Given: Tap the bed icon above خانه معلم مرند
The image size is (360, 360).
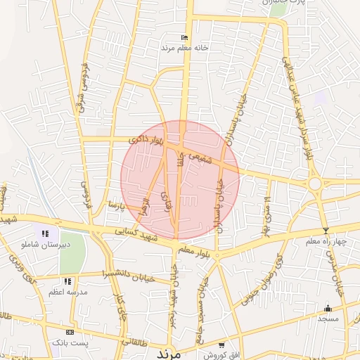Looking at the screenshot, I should (185, 37).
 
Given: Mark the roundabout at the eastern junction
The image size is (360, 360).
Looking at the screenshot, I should (314, 184).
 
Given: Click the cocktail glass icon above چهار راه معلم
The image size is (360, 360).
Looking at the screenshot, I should (326, 231).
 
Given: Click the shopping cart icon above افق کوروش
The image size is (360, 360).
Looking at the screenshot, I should (221, 345).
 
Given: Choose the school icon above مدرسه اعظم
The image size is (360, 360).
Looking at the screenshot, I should (67, 281).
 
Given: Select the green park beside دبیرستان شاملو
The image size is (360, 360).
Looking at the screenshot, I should (71, 250).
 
